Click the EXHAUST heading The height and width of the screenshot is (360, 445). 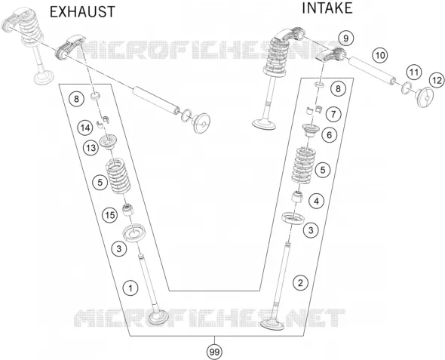tap(82, 12)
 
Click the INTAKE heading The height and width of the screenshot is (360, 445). tap(327, 8)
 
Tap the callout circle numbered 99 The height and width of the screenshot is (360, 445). tap(214, 352)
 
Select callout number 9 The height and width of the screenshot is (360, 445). tap(345, 38)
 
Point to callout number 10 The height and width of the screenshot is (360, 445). tap(379, 55)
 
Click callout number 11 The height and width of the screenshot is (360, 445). tap(414, 72)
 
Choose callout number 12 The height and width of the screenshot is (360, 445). tap(437, 80)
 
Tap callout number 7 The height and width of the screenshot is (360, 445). tap(333, 114)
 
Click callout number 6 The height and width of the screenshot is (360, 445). tap(329, 135)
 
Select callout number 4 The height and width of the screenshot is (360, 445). tap(316, 202)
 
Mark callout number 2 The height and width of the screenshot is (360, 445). tap(300, 283)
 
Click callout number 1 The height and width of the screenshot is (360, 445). tap(130, 288)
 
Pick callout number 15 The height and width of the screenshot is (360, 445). tap(110, 215)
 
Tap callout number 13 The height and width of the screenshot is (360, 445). tap(91, 148)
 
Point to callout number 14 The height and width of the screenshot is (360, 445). tap(85, 128)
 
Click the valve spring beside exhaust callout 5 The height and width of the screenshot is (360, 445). tap(118, 176)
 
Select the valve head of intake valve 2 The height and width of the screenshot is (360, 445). tap(272, 324)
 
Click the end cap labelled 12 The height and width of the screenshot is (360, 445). tap(425, 97)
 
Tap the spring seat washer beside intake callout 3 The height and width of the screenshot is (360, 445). tap(293, 218)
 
